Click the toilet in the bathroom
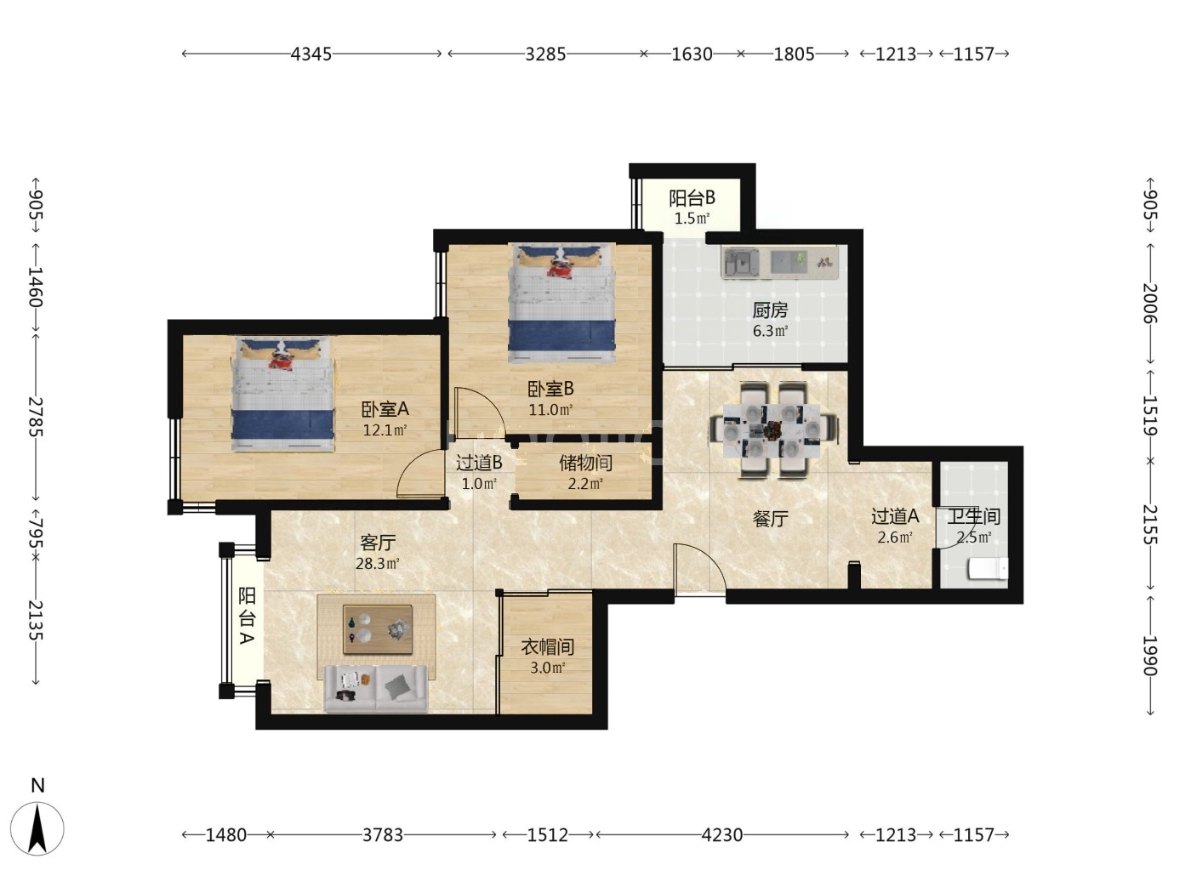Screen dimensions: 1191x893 (988, 569)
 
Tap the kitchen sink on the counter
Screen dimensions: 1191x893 (741, 262)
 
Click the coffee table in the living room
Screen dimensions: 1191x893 (378, 629)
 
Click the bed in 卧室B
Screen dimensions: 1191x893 (561, 302)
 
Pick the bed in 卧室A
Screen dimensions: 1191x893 (282, 394)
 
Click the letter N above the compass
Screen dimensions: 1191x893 (37, 785)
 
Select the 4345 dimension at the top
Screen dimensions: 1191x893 (311, 54)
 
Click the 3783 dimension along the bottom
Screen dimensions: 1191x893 (383, 834)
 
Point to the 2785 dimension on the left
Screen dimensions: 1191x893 (35, 417)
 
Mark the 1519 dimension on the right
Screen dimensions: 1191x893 (1150, 416)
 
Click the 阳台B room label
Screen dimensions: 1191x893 (692, 198)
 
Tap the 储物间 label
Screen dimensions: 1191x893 (586, 463)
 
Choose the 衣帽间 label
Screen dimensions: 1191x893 (548, 646)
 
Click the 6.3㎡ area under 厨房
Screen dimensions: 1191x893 (770, 330)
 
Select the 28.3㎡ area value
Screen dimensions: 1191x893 (378, 563)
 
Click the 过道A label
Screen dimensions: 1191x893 (895, 515)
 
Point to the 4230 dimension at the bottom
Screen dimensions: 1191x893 (721, 834)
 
